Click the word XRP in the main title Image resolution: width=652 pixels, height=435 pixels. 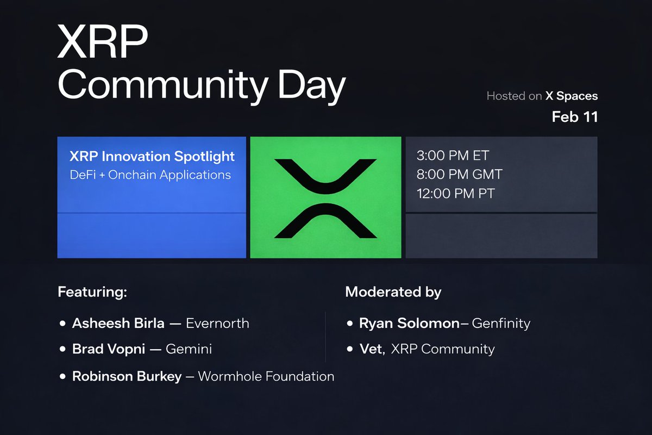[102, 42]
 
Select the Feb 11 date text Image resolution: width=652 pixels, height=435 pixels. [574, 117]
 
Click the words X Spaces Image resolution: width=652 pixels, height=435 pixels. [572, 96]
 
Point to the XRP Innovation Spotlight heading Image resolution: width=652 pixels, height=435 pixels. [152, 157]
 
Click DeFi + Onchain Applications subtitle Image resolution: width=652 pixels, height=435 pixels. [151, 175]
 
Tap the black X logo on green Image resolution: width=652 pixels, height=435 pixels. [325, 198]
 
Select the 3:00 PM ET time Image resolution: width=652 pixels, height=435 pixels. [453, 156]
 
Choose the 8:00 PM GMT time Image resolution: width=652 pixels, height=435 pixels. [459, 175]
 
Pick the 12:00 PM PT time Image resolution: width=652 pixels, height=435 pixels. [455, 193]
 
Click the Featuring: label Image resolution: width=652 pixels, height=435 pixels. [92, 291]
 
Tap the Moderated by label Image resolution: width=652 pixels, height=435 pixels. [393, 291]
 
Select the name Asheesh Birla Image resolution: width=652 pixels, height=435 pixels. [118, 323]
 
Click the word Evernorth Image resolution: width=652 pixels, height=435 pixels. [217, 323]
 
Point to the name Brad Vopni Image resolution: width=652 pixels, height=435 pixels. [109, 349]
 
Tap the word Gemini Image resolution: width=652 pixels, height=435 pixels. [189, 349]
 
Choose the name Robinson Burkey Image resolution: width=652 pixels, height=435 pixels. [127, 376]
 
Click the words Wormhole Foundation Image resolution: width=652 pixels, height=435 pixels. [266, 376]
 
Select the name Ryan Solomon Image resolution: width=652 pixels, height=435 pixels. [409, 323]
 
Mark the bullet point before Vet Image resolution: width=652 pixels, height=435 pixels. [350, 349]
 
